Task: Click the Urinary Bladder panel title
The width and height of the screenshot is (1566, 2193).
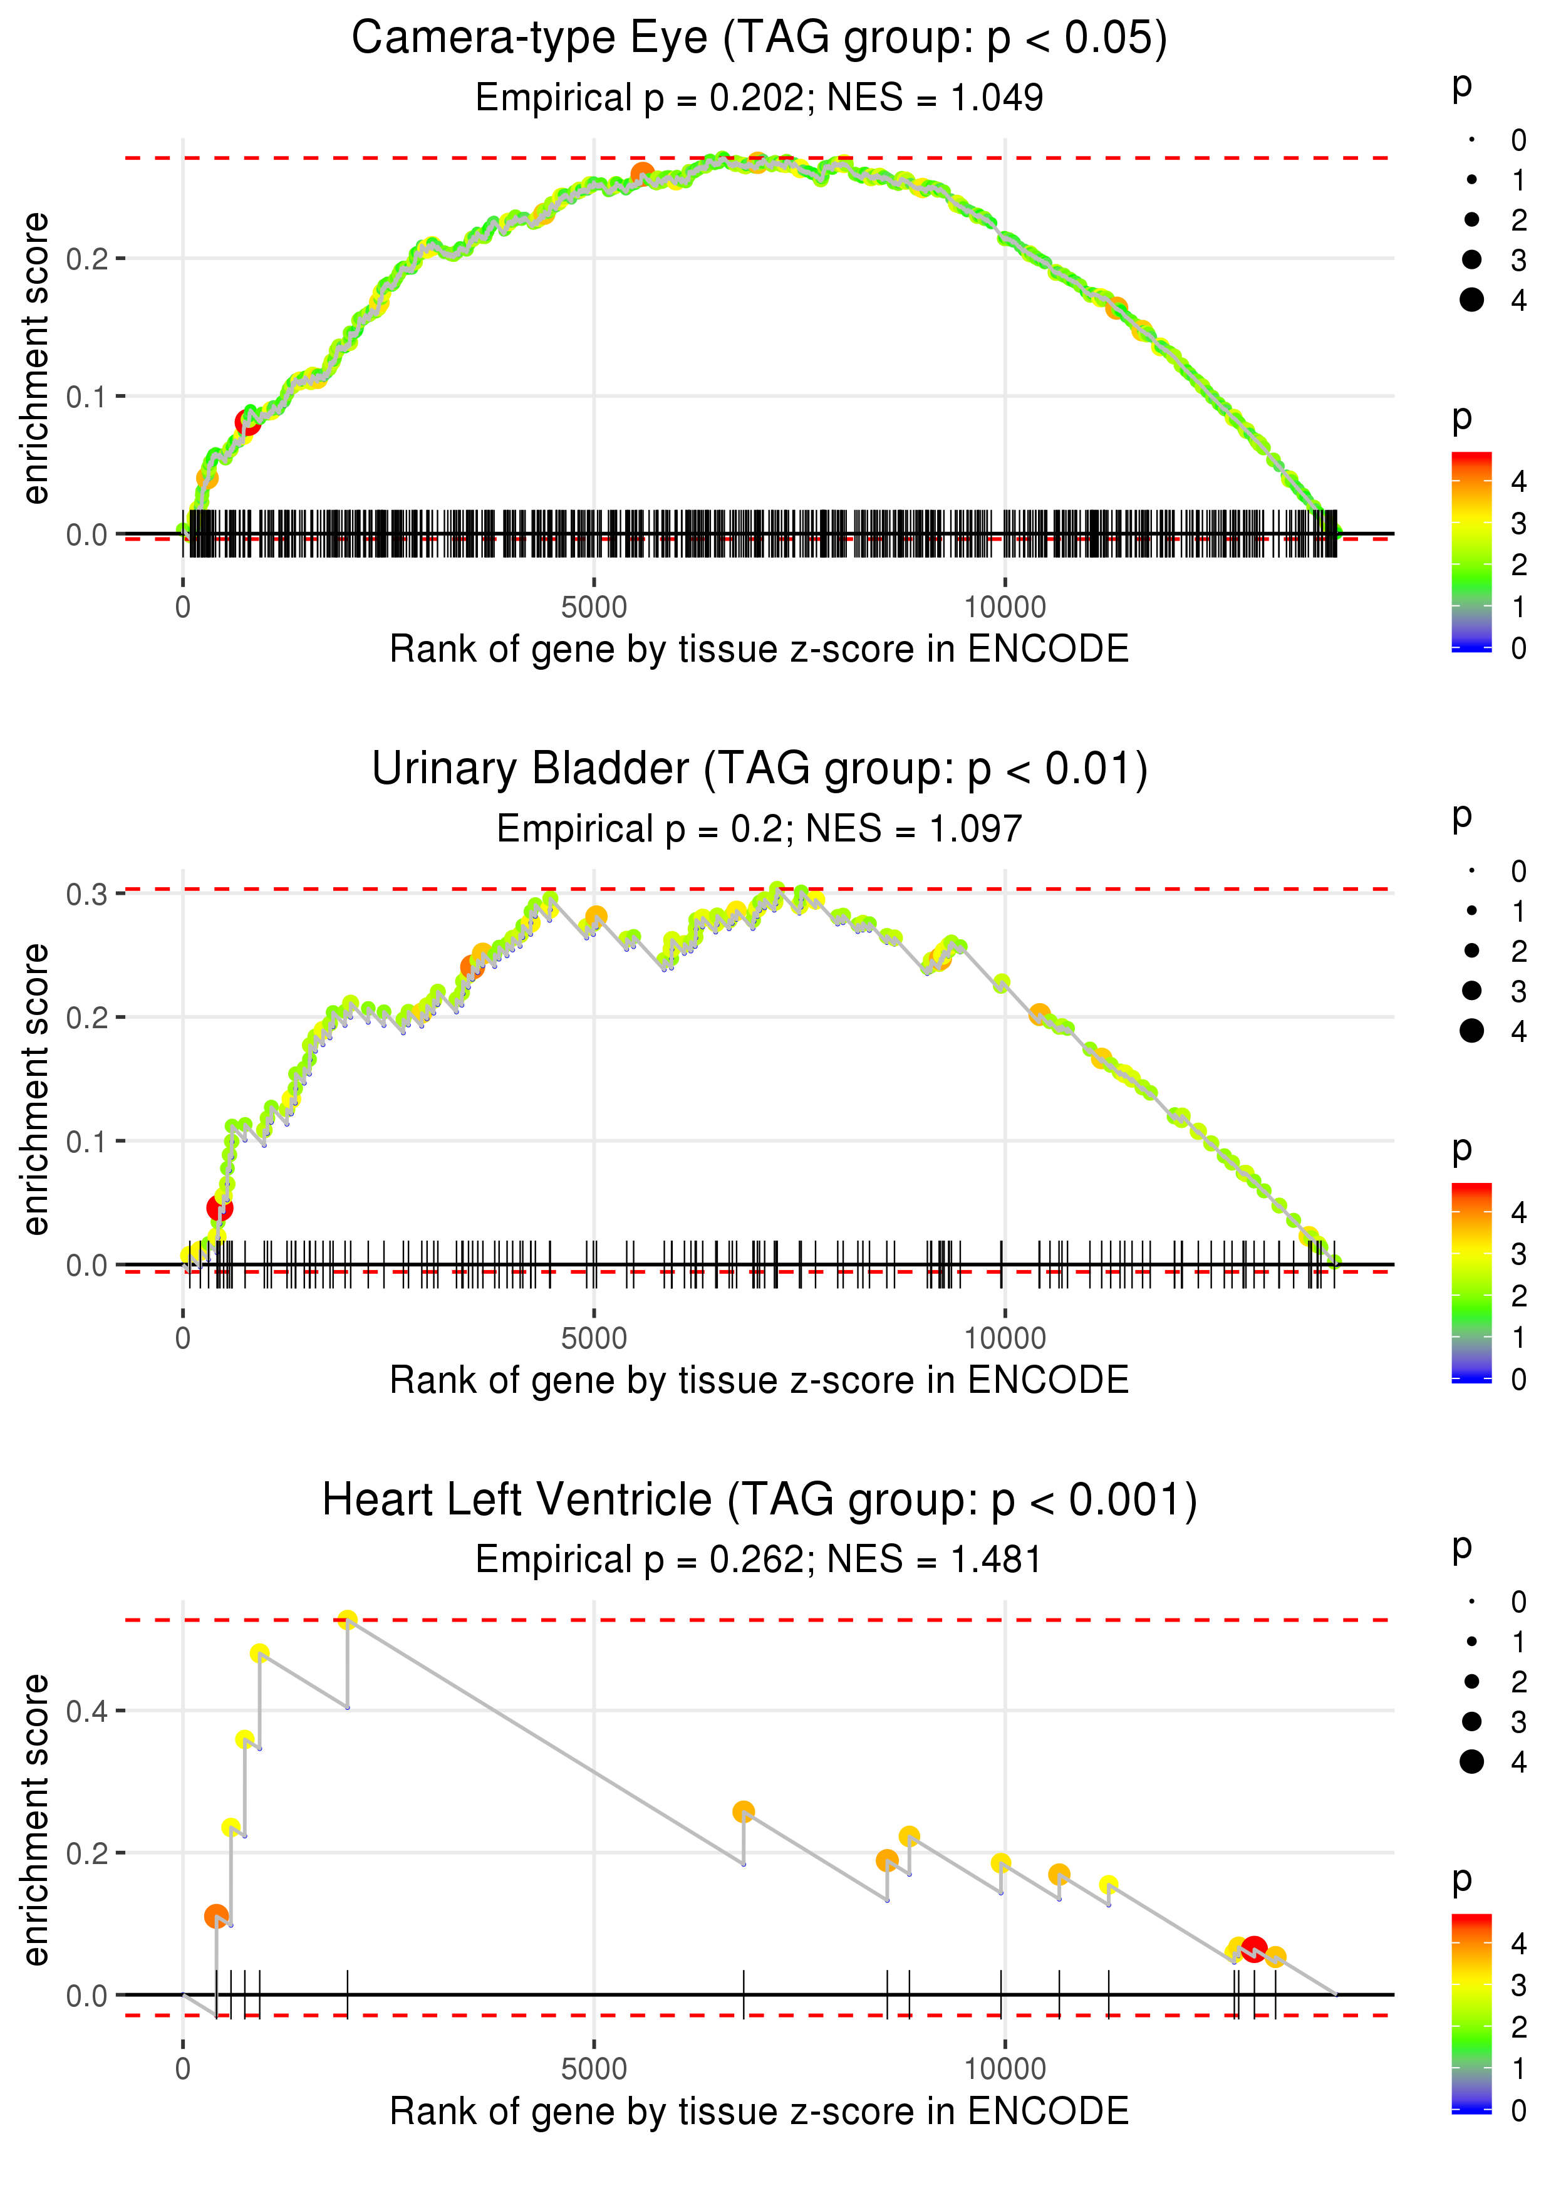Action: (759, 769)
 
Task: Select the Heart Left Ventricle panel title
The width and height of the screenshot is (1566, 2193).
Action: (759, 1501)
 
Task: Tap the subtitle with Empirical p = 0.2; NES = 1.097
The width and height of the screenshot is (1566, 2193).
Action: (759, 828)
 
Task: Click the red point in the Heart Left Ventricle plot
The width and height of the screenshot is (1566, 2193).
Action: (1253, 1949)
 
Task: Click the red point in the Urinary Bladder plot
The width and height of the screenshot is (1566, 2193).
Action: (220, 1207)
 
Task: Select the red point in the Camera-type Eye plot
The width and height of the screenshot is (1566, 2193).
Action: (248, 422)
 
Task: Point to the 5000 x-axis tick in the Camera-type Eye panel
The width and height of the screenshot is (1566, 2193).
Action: (594, 608)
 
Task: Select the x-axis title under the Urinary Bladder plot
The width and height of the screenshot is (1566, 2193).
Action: (759, 1380)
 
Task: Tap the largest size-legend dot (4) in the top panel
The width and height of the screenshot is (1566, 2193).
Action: (1471, 300)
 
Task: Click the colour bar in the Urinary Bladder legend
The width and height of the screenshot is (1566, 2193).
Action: (1471, 1282)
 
